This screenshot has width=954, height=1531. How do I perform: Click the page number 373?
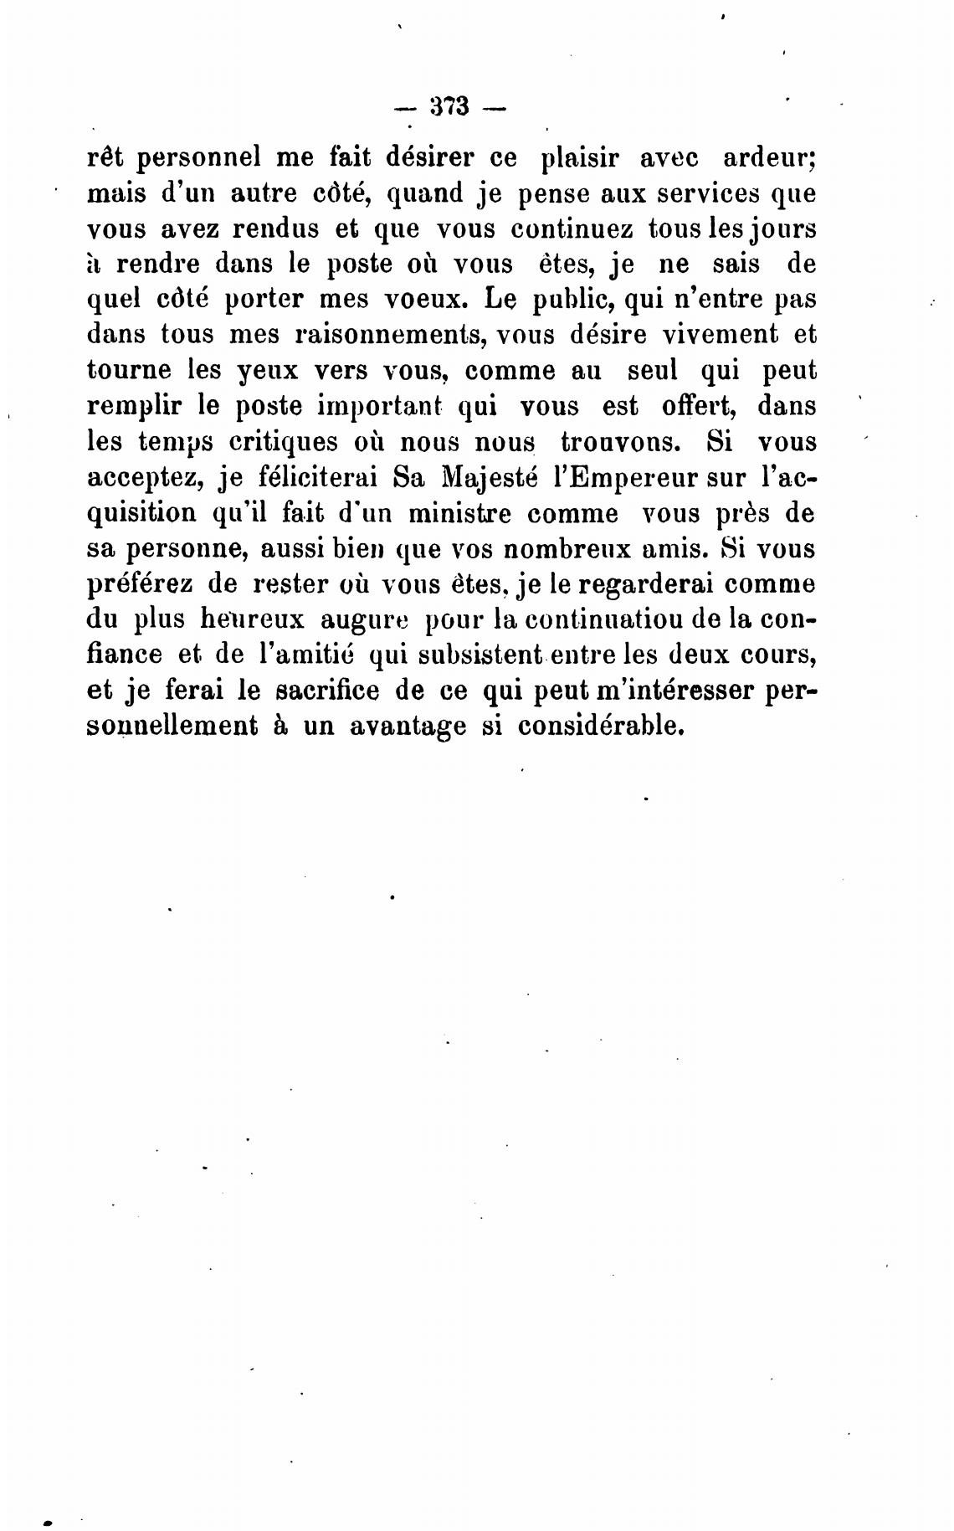click(x=450, y=108)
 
